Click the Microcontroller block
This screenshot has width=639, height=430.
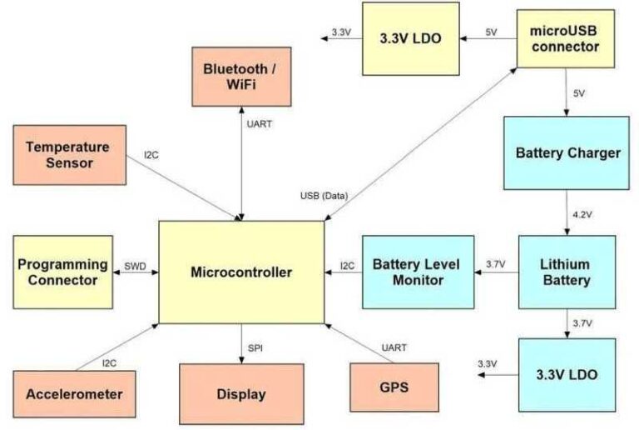241,272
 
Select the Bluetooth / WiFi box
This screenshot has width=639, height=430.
240,76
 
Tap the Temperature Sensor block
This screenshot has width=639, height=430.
70,155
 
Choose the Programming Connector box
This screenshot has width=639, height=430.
62,272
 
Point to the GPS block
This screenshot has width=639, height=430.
394,388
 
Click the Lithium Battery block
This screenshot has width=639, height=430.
567,272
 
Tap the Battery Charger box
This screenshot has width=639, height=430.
567,153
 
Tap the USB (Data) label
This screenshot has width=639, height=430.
324,196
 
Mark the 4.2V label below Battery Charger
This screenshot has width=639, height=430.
582,214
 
